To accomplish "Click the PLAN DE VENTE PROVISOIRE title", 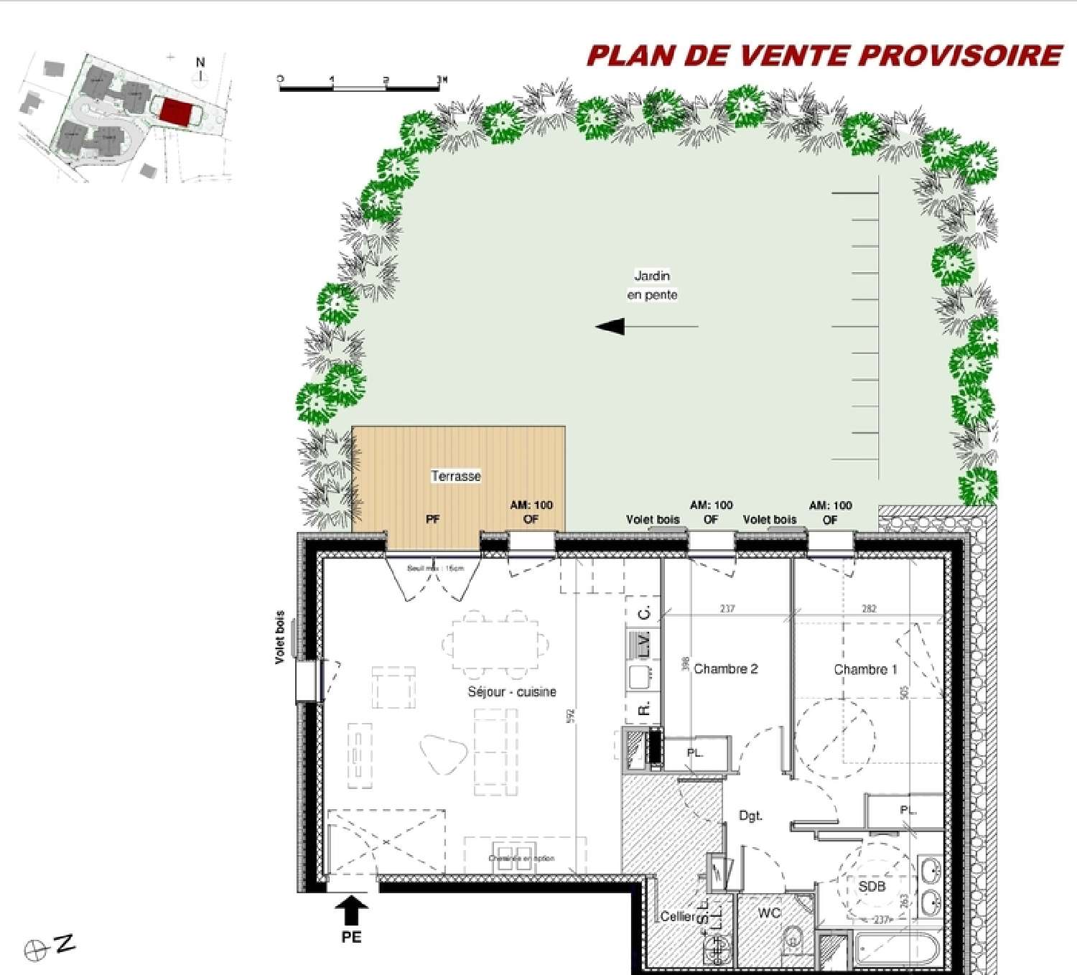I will pyautogui.click(x=824, y=56).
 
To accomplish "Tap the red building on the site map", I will pyautogui.click(x=177, y=112).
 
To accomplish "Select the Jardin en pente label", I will pyautogui.click(x=652, y=285).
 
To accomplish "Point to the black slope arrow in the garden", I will pyautogui.click(x=611, y=327).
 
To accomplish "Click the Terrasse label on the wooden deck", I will pyautogui.click(x=456, y=476).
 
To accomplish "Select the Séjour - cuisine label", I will pyautogui.click(x=512, y=692).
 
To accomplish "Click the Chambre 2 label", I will pyautogui.click(x=725, y=669).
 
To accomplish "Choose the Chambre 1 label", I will pyautogui.click(x=865, y=670).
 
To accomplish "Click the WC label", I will pyautogui.click(x=769, y=913).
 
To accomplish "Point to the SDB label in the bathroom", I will pyautogui.click(x=872, y=887).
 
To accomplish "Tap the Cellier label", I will pyautogui.click(x=677, y=917).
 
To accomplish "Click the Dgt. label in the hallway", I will pyautogui.click(x=750, y=816).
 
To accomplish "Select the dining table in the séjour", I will pyautogui.click(x=495, y=644).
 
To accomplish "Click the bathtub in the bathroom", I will pyautogui.click(x=895, y=953).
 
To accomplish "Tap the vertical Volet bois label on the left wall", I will pyautogui.click(x=280, y=637).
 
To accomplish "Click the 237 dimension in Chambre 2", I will pyautogui.click(x=727, y=609).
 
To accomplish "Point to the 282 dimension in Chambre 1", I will pyautogui.click(x=869, y=609).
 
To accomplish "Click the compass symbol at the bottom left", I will pyautogui.click(x=34, y=951).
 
